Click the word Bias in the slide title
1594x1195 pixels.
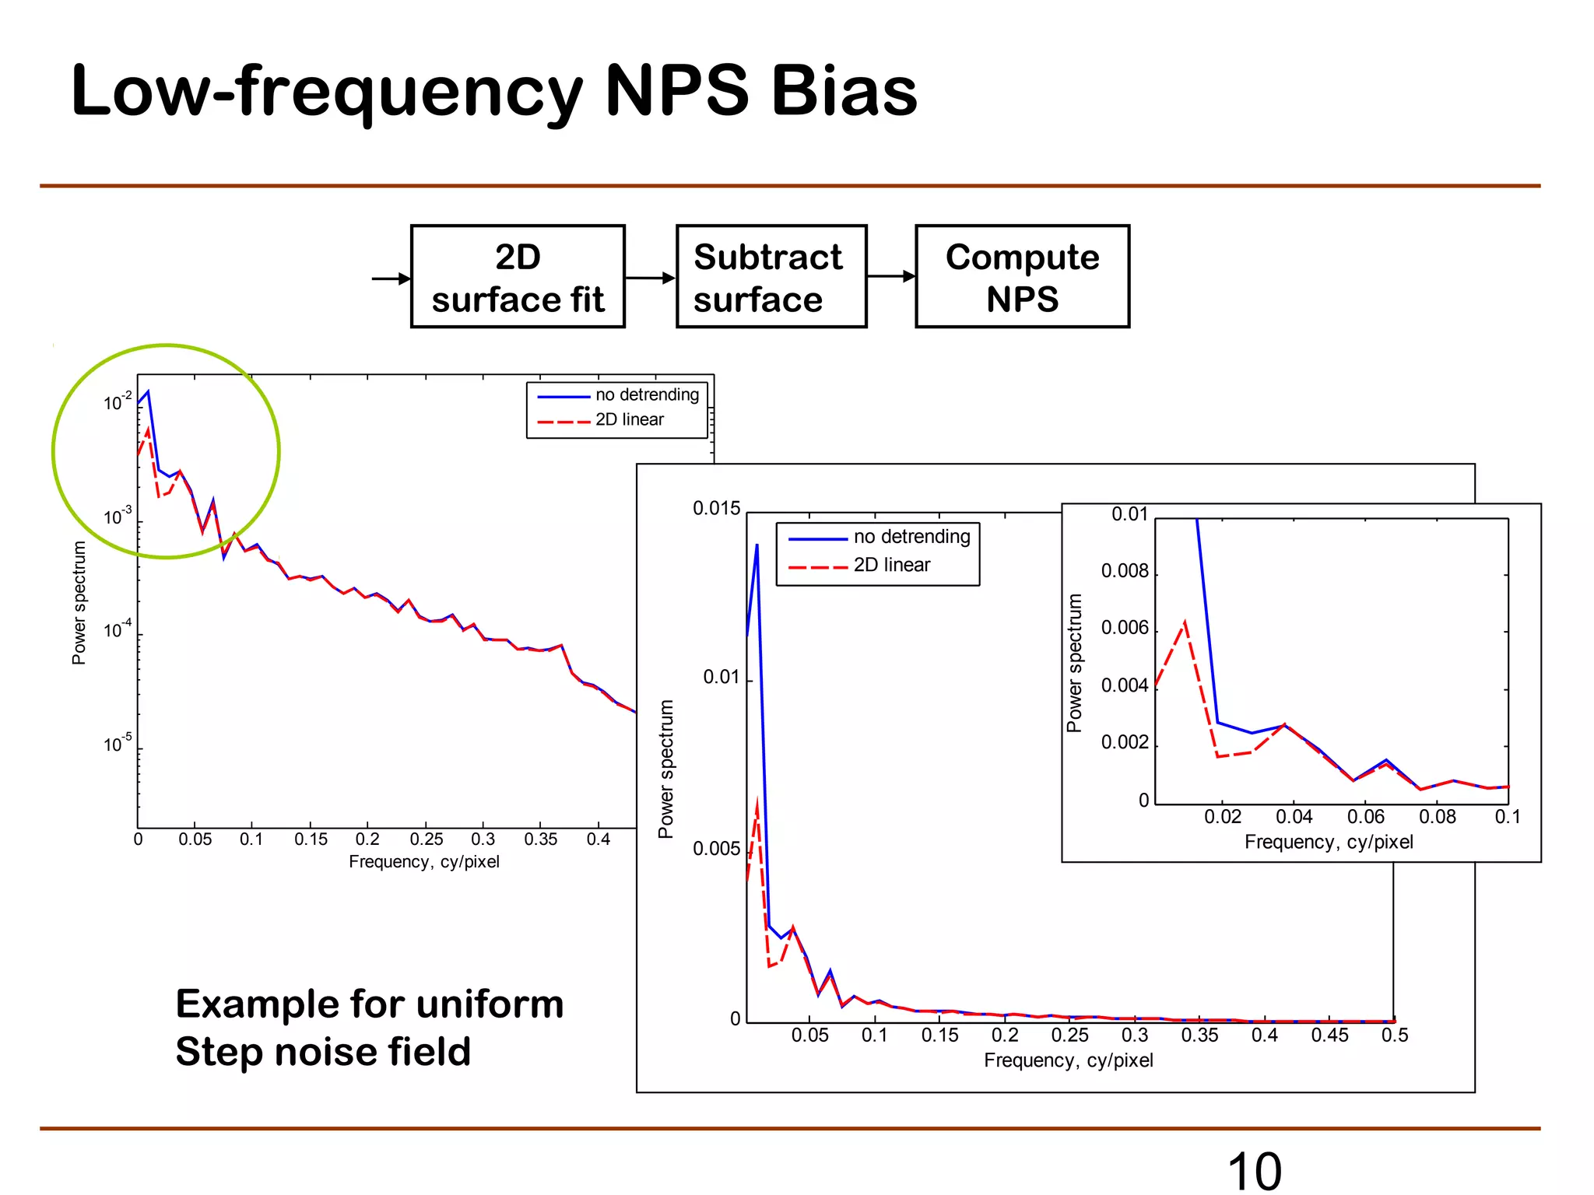(x=844, y=92)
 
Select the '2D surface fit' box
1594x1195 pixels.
(x=518, y=277)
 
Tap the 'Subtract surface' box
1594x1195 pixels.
(x=771, y=277)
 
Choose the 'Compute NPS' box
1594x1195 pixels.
(x=1022, y=277)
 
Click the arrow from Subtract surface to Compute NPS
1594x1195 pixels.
(x=891, y=276)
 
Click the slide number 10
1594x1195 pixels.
(x=1254, y=1170)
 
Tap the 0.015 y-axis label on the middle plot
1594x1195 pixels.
(x=716, y=509)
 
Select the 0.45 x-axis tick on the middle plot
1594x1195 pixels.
(x=1329, y=1036)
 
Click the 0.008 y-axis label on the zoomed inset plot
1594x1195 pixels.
(x=1125, y=572)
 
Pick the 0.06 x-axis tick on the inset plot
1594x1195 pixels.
(x=1366, y=817)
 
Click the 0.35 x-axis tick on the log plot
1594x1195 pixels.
(x=540, y=839)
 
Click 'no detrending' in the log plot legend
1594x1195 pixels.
(x=647, y=395)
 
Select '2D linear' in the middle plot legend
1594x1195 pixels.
(x=892, y=566)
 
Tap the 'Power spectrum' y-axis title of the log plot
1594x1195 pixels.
(x=79, y=603)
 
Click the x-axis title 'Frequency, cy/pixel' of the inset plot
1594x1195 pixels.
(x=1329, y=842)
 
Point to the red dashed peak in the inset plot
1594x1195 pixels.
(x=1185, y=622)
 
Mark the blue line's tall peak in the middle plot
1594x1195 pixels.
(x=757, y=545)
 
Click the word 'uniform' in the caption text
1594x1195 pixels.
(x=490, y=1004)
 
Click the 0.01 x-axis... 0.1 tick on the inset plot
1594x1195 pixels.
(x=1508, y=817)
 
